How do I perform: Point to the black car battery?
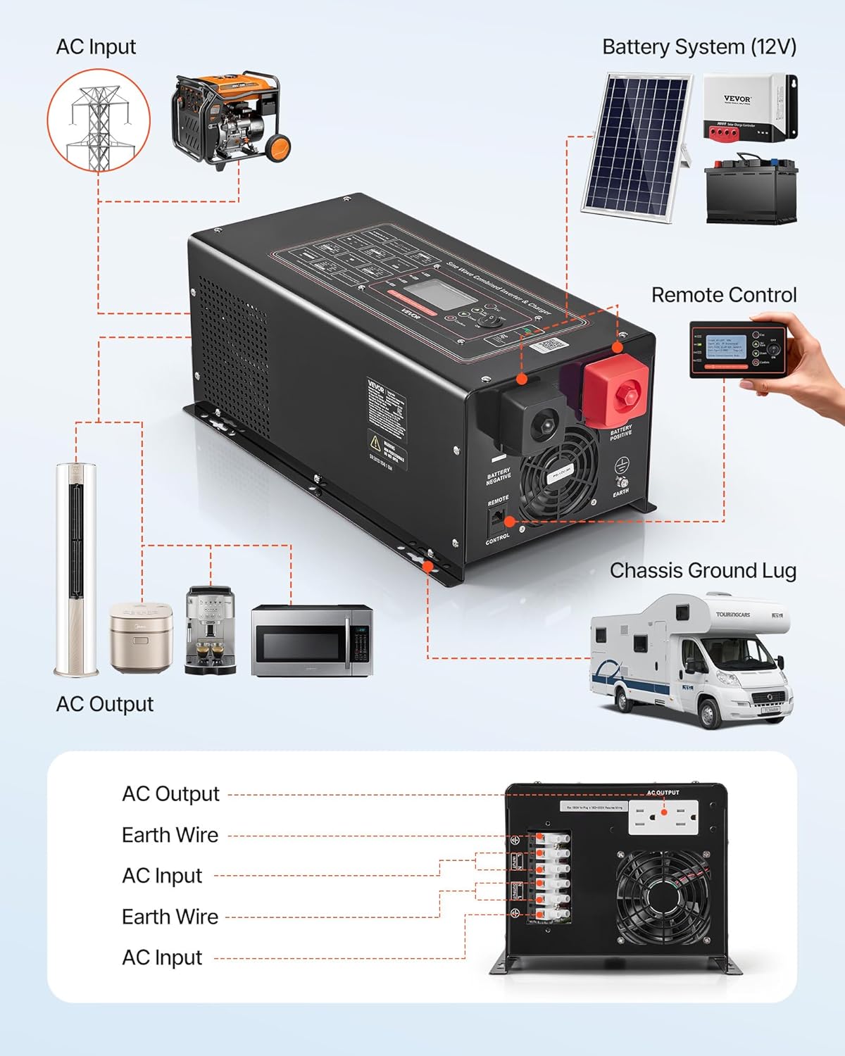tap(751, 190)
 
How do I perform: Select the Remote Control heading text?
tap(723, 295)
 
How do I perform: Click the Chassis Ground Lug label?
tap(702, 570)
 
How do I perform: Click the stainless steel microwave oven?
tap(311, 641)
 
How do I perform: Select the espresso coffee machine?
tap(210, 630)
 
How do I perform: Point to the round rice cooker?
tap(141, 637)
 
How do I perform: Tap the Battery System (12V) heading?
tap(699, 47)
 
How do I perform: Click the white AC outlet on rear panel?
tap(663, 817)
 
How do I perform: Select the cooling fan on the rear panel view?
tap(662, 895)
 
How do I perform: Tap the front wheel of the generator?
tap(277, 147)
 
